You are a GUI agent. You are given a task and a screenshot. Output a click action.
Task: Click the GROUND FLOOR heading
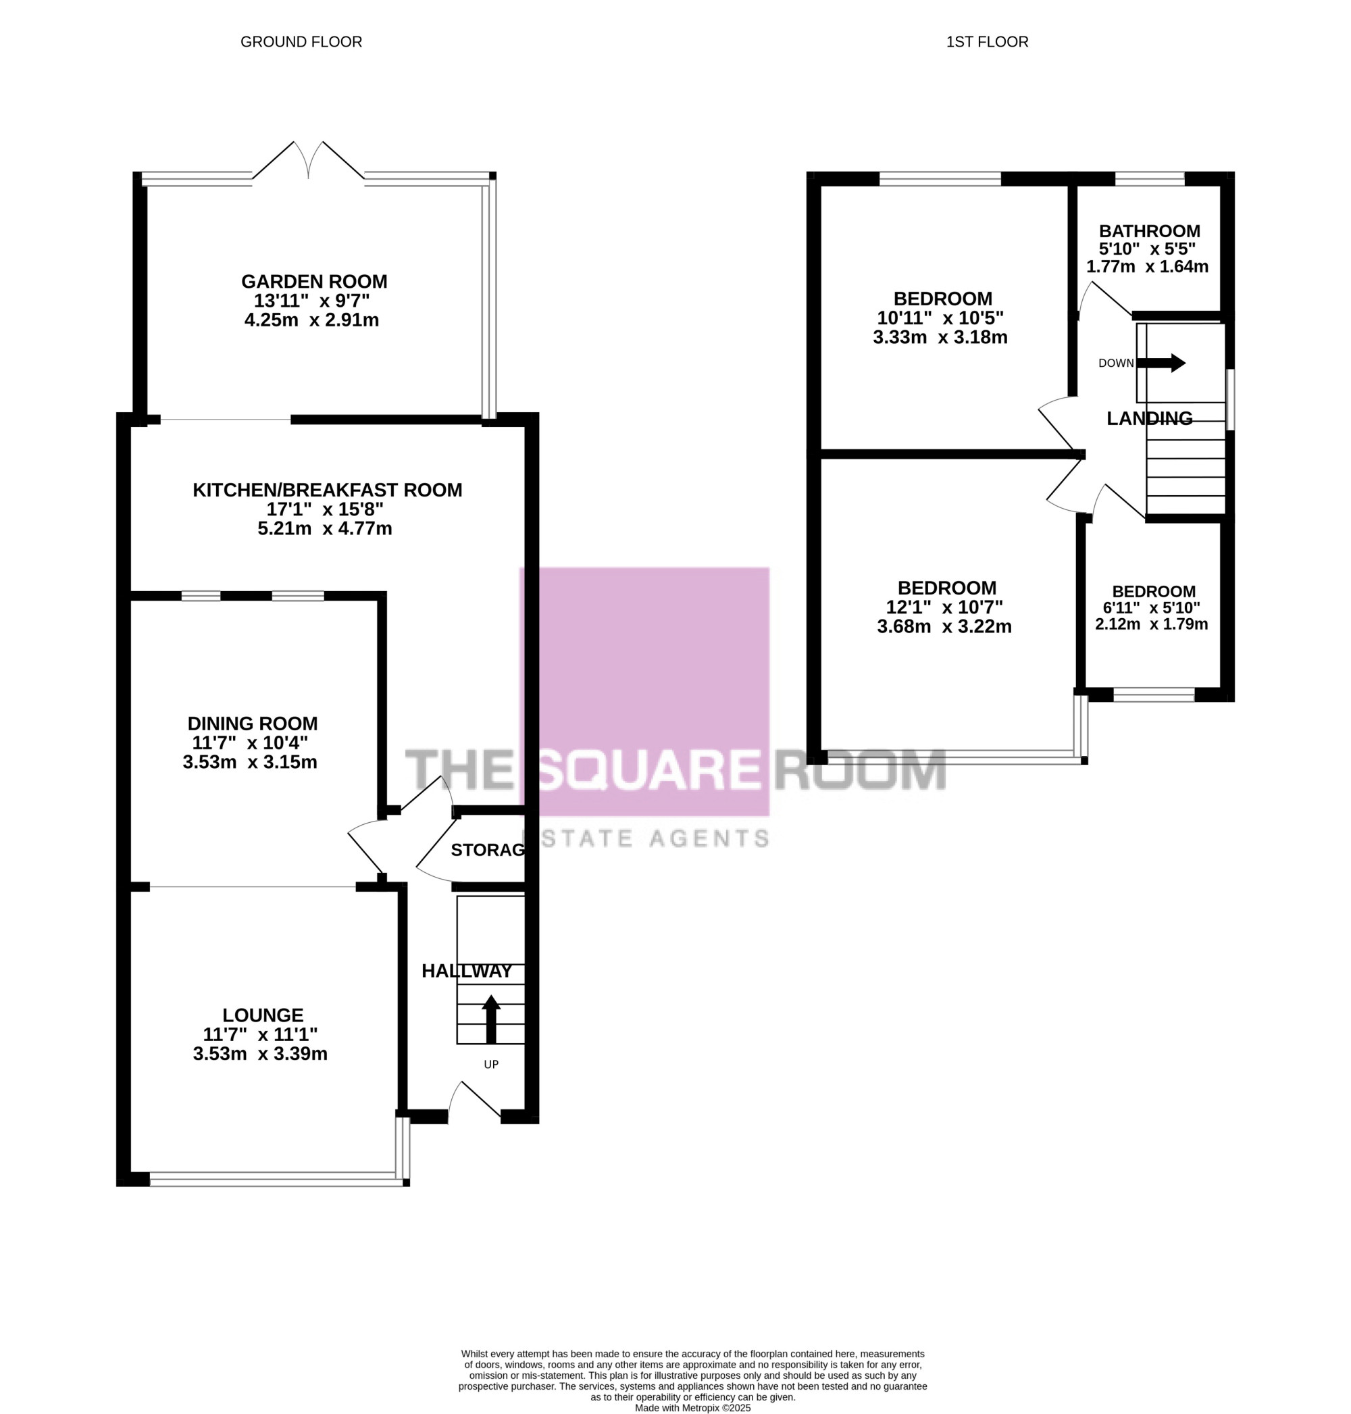pyautogui.click(x=301, y=43)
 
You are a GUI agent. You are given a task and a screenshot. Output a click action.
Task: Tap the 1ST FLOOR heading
pyautogui.click(x=987, y=43)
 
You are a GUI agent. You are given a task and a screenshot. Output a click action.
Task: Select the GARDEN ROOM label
pyautogui.click(x=314, y=282)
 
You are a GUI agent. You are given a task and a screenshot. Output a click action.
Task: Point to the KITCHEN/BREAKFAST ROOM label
pyautogui.click(x=328, y=490)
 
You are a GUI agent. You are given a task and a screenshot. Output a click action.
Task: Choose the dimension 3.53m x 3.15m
pyautogui.click(x=250, y=762)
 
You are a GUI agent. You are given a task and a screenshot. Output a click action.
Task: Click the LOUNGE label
pyautogui.click(x=263, y=1015)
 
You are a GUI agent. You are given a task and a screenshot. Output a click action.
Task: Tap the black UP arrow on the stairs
pyautogui.click(x=491, y=1019)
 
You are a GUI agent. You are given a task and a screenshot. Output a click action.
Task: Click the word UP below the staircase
pyautogui.click(x=491, y=1065)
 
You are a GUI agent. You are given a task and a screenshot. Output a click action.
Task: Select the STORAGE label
pyautogui.click(x=488, y=850)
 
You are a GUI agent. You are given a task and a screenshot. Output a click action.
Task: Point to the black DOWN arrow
pyautogui.click(x=1161, y=363)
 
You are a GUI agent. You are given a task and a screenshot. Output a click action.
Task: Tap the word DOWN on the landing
pyautogui.click(x=1115, y=363)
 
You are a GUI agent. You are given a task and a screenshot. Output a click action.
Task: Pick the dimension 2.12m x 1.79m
pyautogui.click(x=1152, y=624)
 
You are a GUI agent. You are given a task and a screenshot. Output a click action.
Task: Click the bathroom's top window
pyautogui.click(x=1150, y=178)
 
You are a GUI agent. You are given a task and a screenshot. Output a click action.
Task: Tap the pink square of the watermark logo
pyautogui.click(x=644, y=692)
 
